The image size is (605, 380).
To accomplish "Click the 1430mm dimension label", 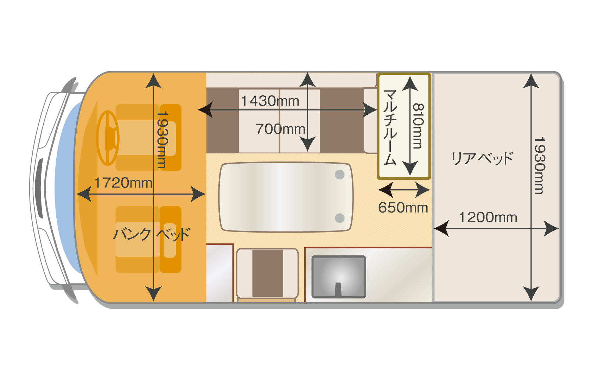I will coord(270,101).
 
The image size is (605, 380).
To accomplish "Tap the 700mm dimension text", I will coord(280,129).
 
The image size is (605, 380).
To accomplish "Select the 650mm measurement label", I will coord(403,208).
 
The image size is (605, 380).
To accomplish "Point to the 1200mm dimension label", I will coord(488,217).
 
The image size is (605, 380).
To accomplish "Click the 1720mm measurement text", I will coord(123,183).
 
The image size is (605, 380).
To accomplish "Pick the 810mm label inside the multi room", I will coord(418,126).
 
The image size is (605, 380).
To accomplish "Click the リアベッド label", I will coord(482,158).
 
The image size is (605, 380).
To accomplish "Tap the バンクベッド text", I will coord(151,234).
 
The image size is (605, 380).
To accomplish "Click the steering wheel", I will coord(108,138).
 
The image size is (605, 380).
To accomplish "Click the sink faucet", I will coord(338,289).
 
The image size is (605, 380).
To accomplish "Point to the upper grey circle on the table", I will coord(339,174).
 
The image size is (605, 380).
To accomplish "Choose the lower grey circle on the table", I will coord(339,218).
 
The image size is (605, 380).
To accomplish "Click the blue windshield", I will coord(65,186).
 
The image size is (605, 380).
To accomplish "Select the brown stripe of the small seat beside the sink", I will coord(267,273).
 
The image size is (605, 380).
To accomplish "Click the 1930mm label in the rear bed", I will coord(539,165).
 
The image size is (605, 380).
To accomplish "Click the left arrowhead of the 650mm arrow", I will coord(385,190).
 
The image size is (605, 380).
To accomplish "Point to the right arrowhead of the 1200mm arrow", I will coord(552,228).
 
